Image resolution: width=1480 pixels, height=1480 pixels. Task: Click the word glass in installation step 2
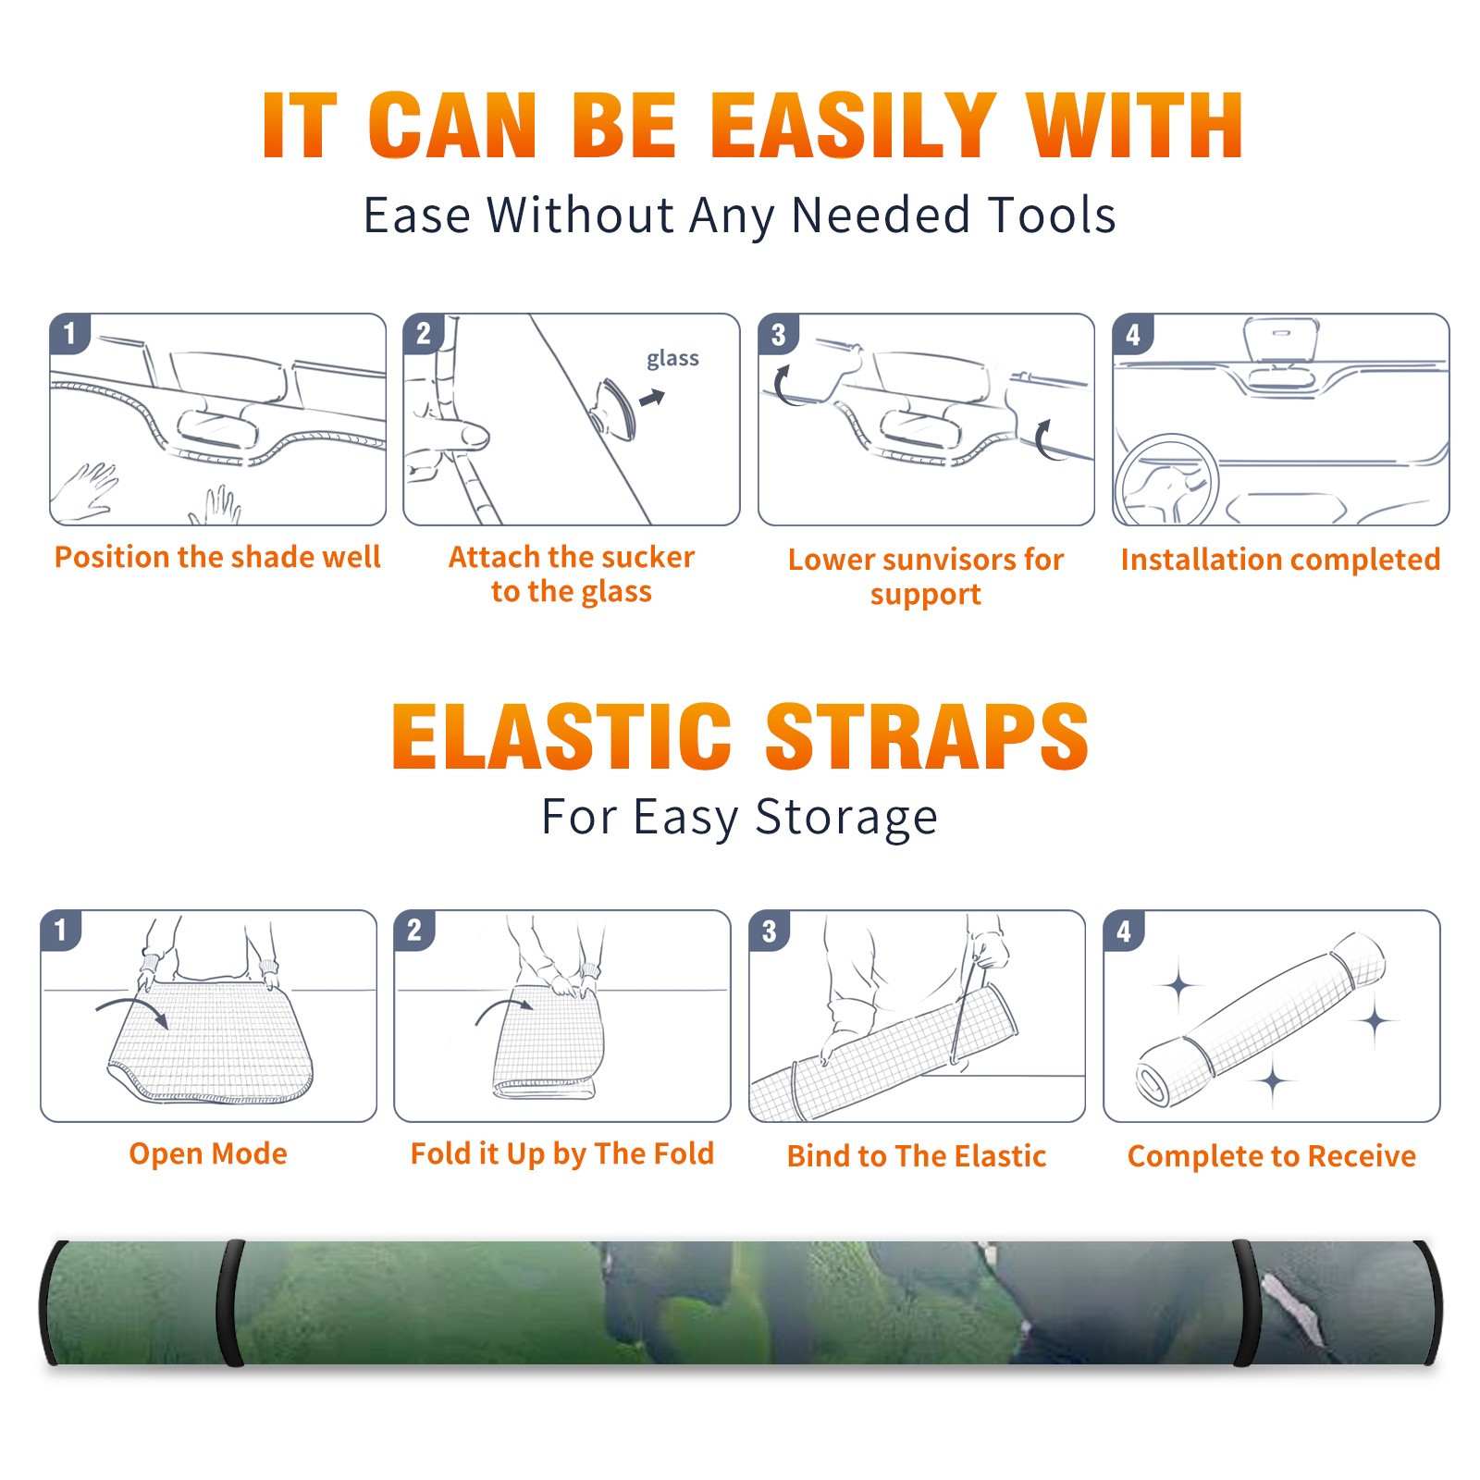point(672,359)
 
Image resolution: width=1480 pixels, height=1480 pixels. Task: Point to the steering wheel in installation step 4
point(1165,481)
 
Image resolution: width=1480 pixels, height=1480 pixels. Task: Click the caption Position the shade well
point(217,557)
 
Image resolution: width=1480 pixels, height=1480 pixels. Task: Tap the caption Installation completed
point(1280,559)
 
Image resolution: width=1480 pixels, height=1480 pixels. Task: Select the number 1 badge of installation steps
point(70,333)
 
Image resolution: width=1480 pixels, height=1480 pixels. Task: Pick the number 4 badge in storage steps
point(1124,931)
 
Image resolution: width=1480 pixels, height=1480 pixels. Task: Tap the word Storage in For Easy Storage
point(846,818)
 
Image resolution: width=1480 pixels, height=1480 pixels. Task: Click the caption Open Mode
point(208,1153)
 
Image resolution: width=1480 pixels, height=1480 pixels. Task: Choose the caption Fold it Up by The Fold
point(562,1153)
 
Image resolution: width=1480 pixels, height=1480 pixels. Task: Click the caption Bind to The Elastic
point(917,1156)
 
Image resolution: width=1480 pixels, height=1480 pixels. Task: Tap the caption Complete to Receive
point(1272,1156)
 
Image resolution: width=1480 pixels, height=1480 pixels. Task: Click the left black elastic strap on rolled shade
point(229,1302)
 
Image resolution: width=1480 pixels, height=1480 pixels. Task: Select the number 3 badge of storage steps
point(770,931)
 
